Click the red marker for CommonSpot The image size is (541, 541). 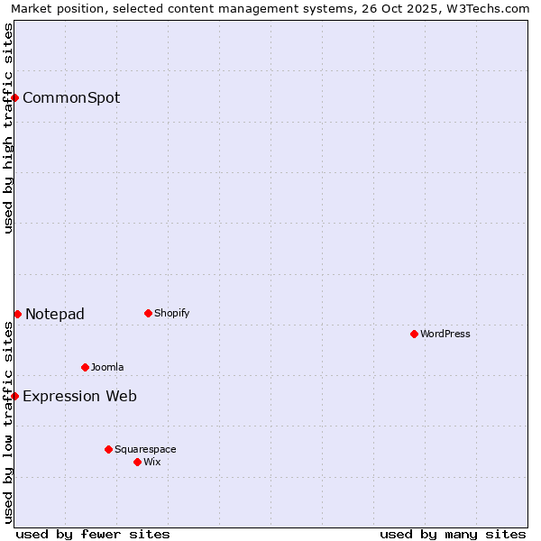pos(15,97)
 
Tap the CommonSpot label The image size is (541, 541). pos(71,98)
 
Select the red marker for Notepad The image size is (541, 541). pos(17,314)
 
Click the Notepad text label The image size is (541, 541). pos(55,315)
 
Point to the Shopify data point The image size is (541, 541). pos(148,314)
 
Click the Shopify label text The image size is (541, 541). pos(171,314)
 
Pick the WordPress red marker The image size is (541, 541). pos(414,334)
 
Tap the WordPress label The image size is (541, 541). pos(445,335)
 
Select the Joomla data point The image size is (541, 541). pos(85,367)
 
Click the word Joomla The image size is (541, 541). pos(107,368)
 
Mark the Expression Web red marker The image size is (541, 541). pos(15,396)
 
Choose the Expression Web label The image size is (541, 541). pos(79,397)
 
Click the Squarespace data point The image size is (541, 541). pos(108,449)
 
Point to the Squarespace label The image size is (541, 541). pos(145,450)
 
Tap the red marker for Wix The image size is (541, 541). pos(137,462)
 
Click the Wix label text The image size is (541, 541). pos(152,463)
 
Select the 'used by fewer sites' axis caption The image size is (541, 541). pos(93,535)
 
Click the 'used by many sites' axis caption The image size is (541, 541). pos(453,535)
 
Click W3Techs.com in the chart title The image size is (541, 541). pos(491,9)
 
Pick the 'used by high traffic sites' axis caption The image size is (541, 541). pos(9,128)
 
